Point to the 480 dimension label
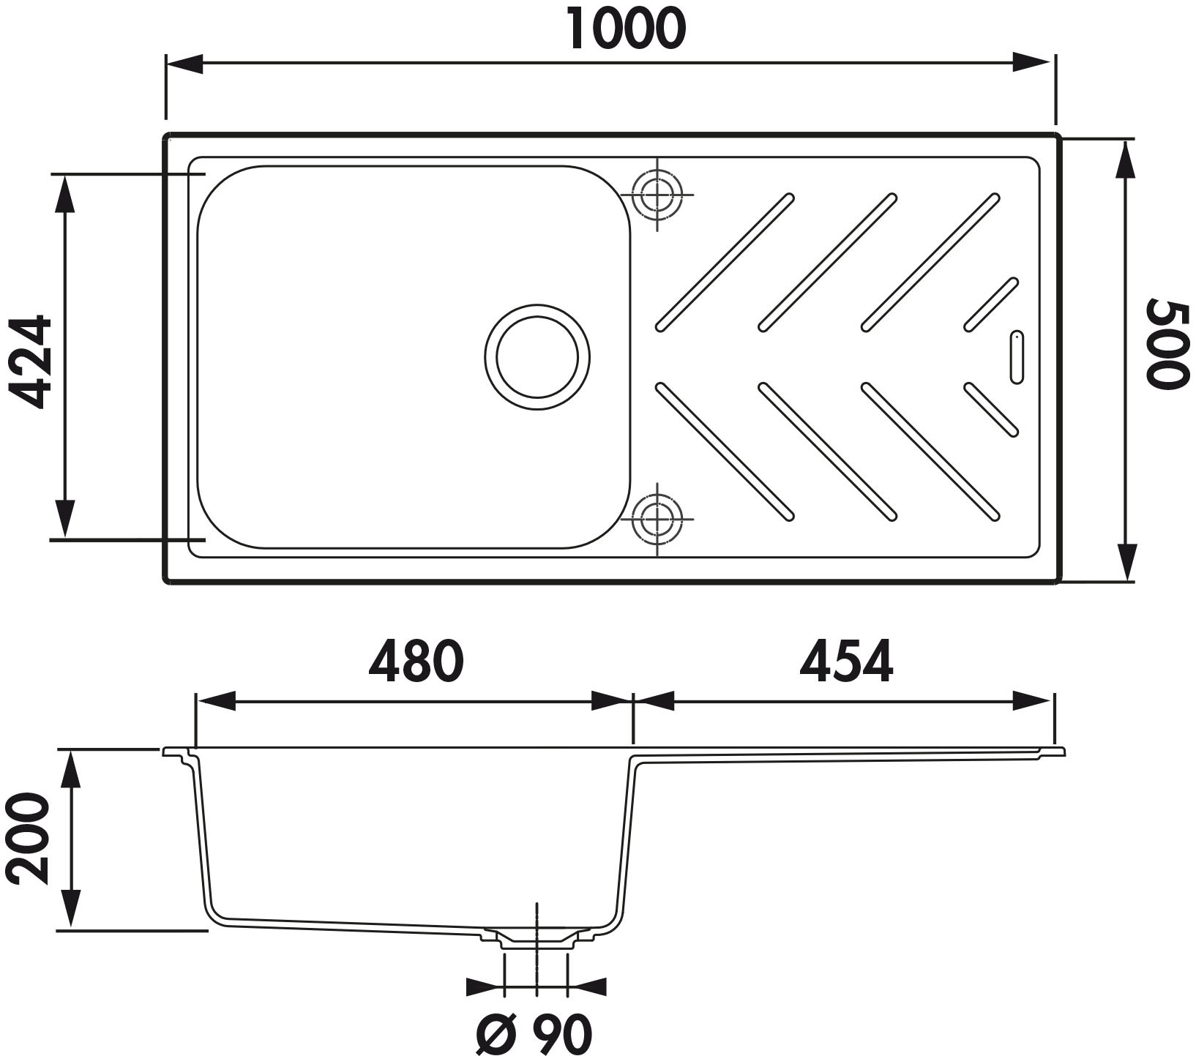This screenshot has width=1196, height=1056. point(416,662)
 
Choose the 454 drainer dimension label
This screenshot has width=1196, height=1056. point(846,662)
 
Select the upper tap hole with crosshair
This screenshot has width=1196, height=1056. point(657,195)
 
